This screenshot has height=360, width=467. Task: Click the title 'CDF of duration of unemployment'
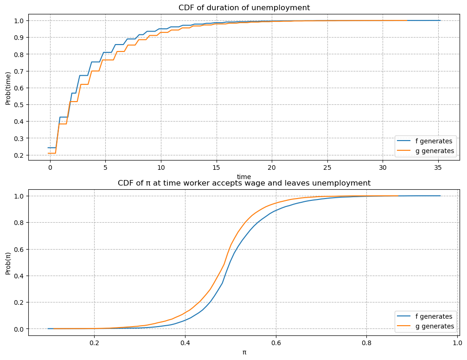click(x=244, y=7)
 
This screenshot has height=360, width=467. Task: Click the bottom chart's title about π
click(x=244, y=183)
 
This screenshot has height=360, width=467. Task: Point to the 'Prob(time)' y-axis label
click(x=8, y=88)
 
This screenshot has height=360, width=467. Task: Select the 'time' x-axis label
click(x=244, y=177)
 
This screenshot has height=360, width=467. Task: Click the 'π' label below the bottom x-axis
click(x=244, y=352)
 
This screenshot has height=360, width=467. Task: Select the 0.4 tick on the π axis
click(x=185, y=342)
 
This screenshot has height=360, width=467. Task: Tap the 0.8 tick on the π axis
click(x=366, y=342)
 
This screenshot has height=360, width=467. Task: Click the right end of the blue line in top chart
click(x=440, y=20)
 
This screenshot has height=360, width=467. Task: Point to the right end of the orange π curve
click(x=398, y=196)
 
